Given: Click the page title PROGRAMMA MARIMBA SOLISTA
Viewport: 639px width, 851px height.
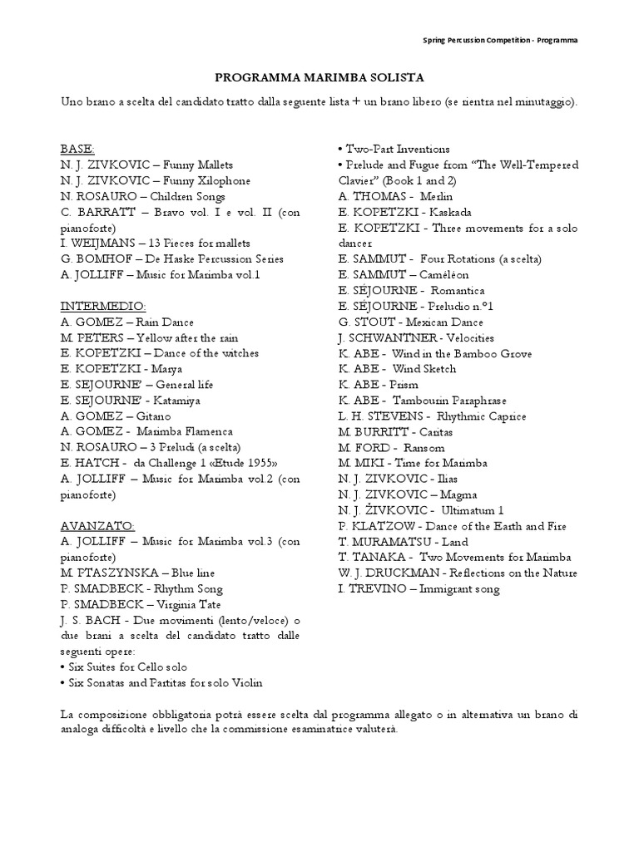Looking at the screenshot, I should [319, 77].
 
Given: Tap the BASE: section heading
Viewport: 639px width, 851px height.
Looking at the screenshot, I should [77, 150].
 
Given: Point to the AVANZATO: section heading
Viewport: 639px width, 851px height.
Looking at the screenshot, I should [97, 526].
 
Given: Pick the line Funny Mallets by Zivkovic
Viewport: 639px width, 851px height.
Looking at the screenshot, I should [146, 165].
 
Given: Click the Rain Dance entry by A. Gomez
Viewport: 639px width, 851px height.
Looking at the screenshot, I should [126, 322].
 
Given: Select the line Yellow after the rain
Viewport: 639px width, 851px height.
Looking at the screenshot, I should [148, 337].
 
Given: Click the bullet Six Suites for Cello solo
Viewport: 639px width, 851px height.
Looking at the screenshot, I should [124, 667].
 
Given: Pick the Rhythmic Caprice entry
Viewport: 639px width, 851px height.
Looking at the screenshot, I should [421, 416].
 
